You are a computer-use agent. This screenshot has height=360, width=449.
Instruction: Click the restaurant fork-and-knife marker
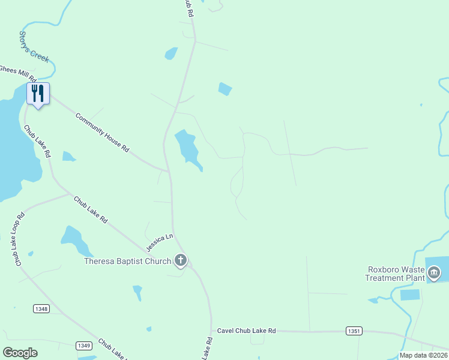point(38,94)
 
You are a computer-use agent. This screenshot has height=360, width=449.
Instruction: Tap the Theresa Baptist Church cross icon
point(181,260)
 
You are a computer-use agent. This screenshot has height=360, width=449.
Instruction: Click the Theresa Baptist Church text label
point(127,261)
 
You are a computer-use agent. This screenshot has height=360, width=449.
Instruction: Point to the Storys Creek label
point(34,47)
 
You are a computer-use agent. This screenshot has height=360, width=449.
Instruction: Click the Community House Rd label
point(103,131)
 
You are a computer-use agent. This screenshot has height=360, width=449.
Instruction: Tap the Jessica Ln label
point(160,242)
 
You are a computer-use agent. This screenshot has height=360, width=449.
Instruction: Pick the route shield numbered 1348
point(41,308)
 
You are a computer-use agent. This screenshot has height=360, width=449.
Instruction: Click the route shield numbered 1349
point(83,345)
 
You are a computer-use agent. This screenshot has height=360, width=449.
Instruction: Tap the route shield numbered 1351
point(354,331)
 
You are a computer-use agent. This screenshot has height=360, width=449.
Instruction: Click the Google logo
point(20,352)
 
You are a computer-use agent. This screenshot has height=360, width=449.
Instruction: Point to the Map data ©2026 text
point(423,355)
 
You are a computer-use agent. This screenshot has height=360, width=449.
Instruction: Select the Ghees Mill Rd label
point(18,74)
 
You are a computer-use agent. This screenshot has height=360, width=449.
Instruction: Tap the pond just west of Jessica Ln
point(74,239)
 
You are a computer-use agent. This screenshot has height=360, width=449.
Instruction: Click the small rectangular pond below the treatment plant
point(409,295)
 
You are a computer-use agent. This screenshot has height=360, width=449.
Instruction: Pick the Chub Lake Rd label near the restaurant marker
point(37,141)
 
